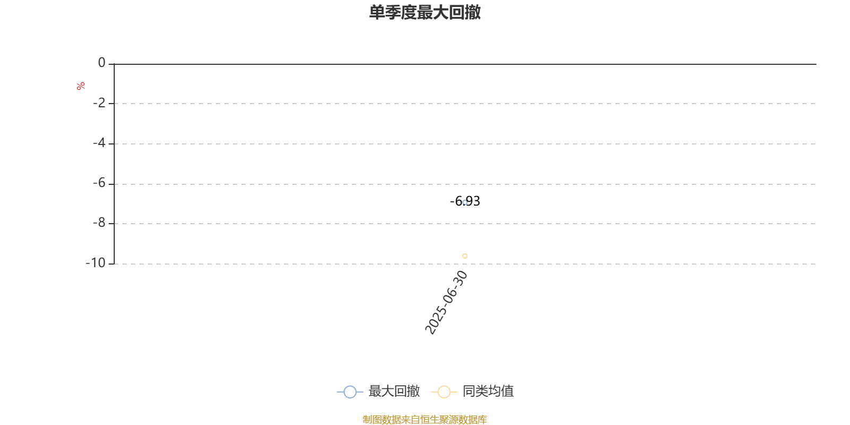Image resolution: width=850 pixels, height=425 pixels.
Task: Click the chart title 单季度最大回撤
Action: [424, 12]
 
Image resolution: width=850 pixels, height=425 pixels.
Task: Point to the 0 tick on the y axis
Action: [101, 63]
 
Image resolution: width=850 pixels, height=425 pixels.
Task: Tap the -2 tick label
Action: [99, 103]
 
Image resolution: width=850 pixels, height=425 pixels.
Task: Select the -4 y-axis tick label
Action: [99, 143]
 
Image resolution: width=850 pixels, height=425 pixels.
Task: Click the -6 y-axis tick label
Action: [99, 183]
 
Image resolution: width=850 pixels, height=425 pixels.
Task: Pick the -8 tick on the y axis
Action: [99, 223]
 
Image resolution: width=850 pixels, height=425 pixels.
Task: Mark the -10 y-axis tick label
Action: [96, 263]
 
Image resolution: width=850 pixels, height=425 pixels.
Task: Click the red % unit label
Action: [80, 86]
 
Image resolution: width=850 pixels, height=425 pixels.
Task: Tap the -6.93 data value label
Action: [465, 201]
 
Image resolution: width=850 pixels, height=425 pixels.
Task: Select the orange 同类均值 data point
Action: [465, 256]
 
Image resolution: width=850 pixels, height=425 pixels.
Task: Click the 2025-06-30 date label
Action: [446, 302]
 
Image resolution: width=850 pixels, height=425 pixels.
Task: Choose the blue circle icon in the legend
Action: [350, 392]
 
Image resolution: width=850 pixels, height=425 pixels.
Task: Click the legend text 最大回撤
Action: [394, 391]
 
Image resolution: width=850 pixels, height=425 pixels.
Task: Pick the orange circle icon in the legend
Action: [444, 392]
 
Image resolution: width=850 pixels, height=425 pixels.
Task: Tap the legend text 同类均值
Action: [488, 391]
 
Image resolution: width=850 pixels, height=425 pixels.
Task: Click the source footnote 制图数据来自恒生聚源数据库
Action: [424, 419]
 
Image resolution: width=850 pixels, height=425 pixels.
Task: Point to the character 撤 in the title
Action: [472, 12]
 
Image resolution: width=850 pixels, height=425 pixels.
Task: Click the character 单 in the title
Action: [377, 12]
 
